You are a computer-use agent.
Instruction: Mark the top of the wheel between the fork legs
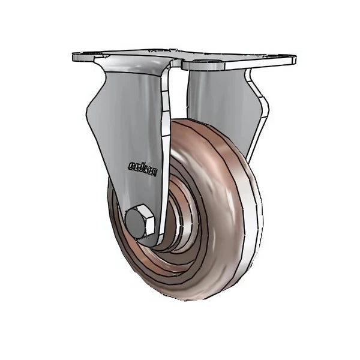click(x=192, y=123)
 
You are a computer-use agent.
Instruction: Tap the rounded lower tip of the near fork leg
click(x=144, y=237)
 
